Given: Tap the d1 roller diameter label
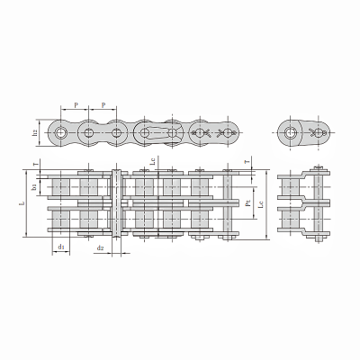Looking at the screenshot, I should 60,246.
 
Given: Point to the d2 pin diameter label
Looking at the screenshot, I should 101,246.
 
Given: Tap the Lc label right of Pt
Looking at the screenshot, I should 262,206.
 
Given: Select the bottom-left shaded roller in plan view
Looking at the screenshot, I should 60,220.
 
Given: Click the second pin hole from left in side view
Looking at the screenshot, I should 89,132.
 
